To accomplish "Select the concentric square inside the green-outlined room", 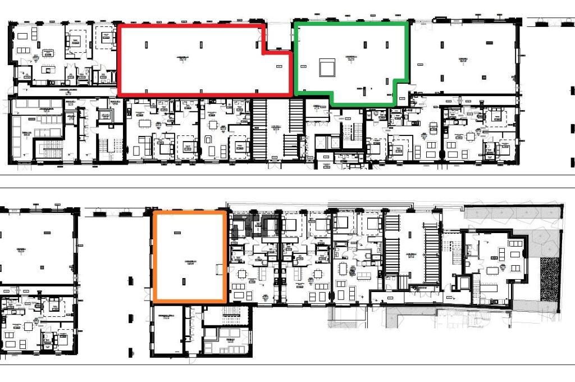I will click(327, 68).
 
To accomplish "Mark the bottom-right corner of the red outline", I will click(291, 94).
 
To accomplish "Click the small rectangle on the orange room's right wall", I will click(220, 270).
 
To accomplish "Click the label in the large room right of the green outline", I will click(463, 59).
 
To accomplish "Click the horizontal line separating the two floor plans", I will click(287, 188).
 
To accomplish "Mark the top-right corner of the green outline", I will click(407, 23).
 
